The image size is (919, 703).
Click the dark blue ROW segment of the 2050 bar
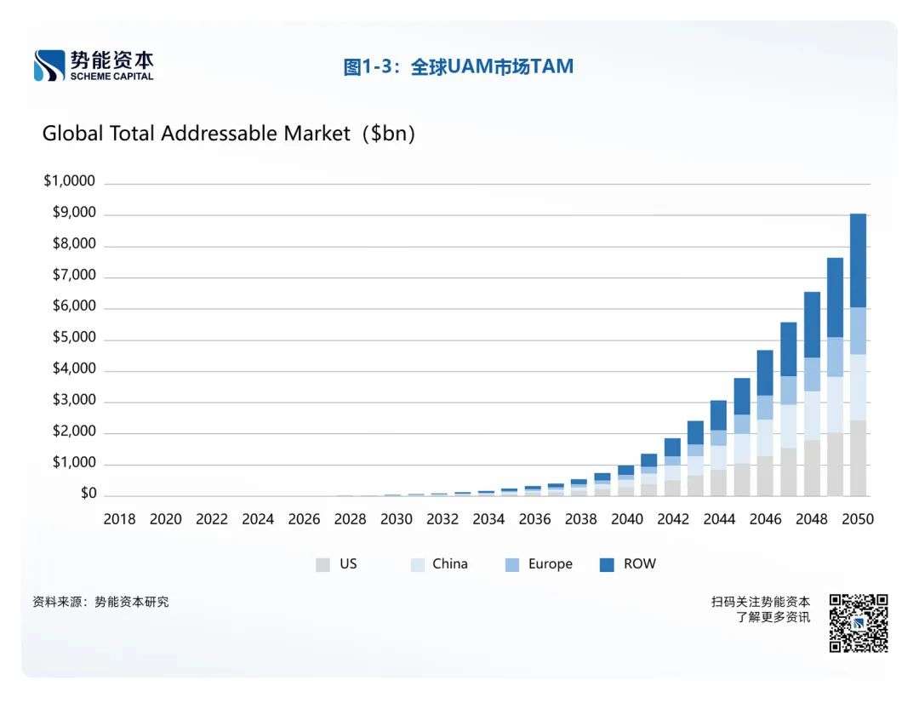858,260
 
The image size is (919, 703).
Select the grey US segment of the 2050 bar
858,458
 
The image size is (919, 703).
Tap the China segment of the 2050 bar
858,387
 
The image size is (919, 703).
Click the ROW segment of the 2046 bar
765,373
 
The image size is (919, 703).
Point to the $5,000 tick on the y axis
75,339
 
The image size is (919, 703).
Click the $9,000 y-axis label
75,214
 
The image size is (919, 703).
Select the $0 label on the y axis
88,494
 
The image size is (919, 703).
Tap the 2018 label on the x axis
119,519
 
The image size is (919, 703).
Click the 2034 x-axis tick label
488,519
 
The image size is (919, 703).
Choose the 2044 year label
719,519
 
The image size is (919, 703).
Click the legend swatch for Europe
512,564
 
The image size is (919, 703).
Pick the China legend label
449,563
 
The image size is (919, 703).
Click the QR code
859,623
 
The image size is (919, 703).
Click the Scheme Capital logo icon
49,66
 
